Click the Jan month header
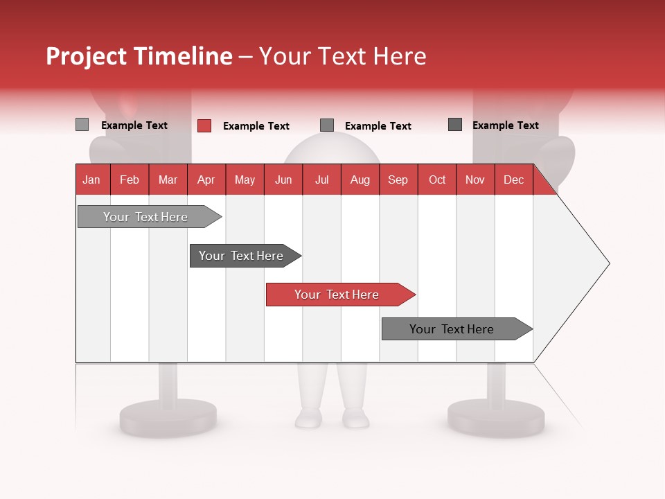click(91, 180)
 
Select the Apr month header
click(206, 180)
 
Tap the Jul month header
click(321, 180)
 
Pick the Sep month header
click(398, 180)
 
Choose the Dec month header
click(513, 180)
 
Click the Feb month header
click(130, 180)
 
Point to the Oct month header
click(437, 180)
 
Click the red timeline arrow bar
click(339, 295)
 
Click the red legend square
click(204, 125)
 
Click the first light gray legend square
click(82, 125)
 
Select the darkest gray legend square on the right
click(455, 125)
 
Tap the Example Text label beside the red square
click(256, 126)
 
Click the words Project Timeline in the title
click(139, 56)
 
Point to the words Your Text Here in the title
click(342, 56)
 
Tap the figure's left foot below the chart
click(309, 418)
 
